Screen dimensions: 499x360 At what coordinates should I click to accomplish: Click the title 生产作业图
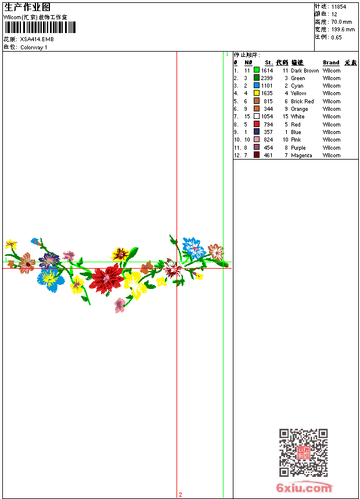click(x=27, y=7)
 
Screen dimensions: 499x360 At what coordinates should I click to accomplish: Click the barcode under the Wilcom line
click(x=39, y=27)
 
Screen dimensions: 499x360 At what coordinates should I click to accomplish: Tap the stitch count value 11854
click(x=339, y=7)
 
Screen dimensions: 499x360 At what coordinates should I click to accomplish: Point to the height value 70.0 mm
click(x=342, y=21)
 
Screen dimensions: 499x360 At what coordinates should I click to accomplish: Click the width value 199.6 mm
click(x=343, y=29)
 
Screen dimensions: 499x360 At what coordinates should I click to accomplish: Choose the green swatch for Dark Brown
click(x=257, y=70)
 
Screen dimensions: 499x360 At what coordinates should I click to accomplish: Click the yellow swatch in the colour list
click(x=257, y=93)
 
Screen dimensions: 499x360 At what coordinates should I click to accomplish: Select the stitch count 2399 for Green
click(x=267, y=78)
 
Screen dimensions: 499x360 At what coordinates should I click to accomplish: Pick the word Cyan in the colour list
click(x=297, y=86)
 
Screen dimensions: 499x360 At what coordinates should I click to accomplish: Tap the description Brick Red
click(x=302, y=102)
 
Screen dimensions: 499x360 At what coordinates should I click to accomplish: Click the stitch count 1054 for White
click(x=267, y=117)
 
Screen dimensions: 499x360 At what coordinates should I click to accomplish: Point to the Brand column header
click(x=331, y=63)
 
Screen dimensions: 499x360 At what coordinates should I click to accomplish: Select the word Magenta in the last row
click(x=301, y=156)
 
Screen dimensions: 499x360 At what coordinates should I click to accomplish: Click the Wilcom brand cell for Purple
click(x=332, y=148)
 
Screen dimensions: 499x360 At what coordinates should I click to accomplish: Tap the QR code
click(x=303, y=453)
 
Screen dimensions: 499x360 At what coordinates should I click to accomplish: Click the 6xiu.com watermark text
click(x=304, y=488)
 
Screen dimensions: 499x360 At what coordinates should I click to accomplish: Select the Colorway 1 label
click(x=34, y=48)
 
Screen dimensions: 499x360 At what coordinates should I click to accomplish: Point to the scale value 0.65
click(x=336, y=37)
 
